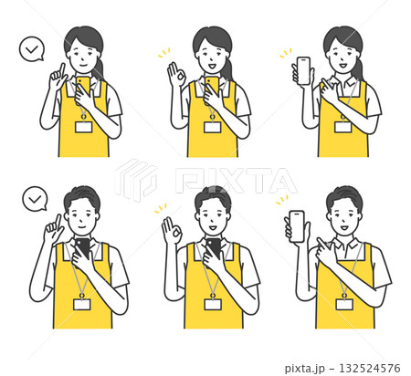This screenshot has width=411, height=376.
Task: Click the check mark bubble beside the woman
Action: click(x=32, y=49)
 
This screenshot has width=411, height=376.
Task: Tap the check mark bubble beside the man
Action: click(x=35, y=199)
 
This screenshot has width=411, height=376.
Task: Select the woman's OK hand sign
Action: click(x=176, y=74)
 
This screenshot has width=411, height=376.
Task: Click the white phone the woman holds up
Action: click(x=303, y=71)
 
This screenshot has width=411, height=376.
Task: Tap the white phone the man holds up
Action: click(x=297, y=226)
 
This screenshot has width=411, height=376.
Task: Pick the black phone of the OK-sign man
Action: click(x=214, y=247)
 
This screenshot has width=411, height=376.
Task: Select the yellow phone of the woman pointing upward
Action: click(x=83, y=85)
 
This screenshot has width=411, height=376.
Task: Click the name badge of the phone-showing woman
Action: click(x=343, y=127)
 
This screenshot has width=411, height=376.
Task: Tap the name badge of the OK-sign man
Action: click(x=213, y=304)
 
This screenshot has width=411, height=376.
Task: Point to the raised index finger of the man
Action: click(x=58, y=222)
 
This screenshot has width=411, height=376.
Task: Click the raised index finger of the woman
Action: click(x=62, y=70)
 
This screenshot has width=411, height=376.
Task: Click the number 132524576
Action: click(x=370, y=369)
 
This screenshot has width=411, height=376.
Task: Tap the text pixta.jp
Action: click(x=305, y=369)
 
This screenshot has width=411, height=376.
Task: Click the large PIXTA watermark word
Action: click(x=236, y=180)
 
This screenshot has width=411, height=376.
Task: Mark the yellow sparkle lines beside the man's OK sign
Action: click(x=161, y=208)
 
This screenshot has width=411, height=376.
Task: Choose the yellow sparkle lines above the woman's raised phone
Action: click(x=286, y=53)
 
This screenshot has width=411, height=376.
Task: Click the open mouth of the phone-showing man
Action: click(x=344, y=227)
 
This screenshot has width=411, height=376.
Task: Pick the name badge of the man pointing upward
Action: click(x=82, y=304)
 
